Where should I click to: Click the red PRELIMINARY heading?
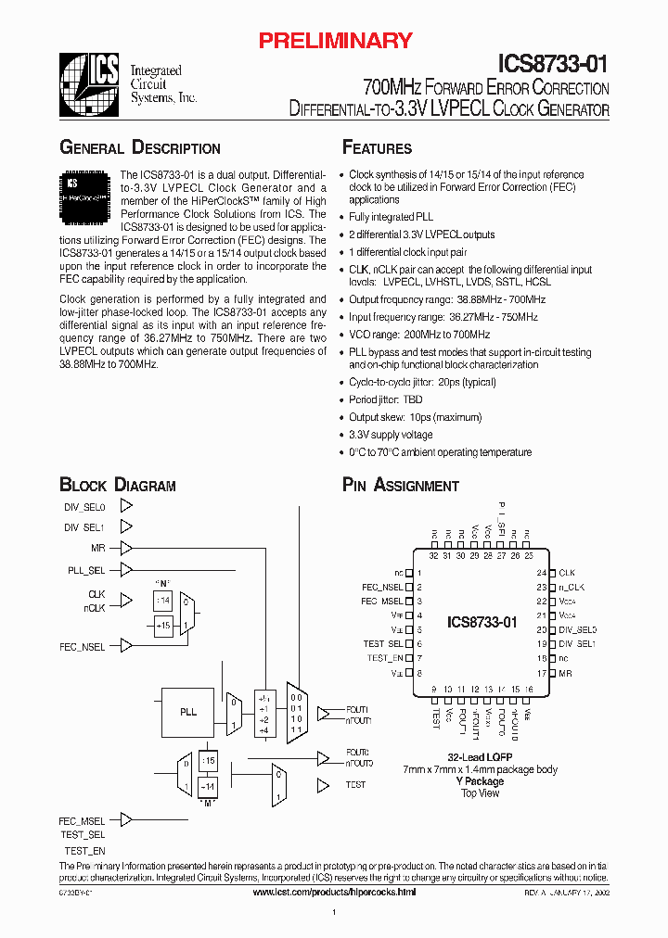click(x=334, y=40)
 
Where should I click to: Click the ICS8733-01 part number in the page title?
click(x=554, y=64)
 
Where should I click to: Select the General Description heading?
click(x=140, y=148)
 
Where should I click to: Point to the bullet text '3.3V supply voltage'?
click(x=391, y=435)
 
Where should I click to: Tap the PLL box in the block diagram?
click(x=188, y=712)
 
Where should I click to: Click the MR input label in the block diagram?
click(x=97, y=548)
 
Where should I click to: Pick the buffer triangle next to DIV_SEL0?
click(x=127, y=507)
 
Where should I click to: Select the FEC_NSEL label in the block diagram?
click(x=82, y=646)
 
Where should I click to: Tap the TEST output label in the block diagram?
click(x=355, y=785)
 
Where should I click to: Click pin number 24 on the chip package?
click(x=540, y=574)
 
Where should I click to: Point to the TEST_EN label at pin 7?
click(x=385, y=658)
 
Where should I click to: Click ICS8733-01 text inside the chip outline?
click(x=482, y=622)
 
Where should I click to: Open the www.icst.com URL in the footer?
click(x=334, y=892)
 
